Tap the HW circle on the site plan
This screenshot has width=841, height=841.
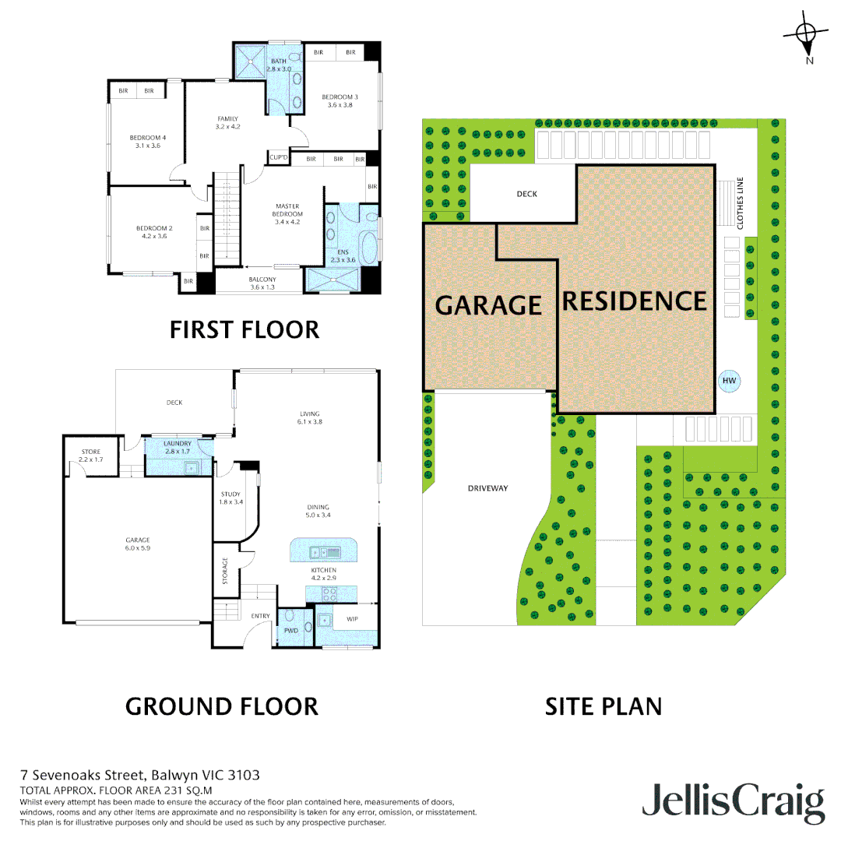tap(729, 381)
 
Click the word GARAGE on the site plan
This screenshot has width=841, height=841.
tap(488, 305)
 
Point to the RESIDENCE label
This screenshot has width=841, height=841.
tap(634, 301)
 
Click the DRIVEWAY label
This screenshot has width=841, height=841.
tap(488, 488)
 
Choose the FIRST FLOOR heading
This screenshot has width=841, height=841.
tap(245, 329)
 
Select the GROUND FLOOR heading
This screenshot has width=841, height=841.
tap(222, 706)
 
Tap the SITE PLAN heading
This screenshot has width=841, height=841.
tap(603, 706)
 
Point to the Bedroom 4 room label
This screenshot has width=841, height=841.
tap(148, 142)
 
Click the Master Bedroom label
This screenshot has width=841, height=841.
tap(287, 214)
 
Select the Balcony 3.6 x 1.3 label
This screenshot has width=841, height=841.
tap(262, 283)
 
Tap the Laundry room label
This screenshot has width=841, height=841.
tap(178, 447)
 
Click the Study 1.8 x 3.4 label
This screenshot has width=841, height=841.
tap(230, 498)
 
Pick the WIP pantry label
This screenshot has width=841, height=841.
tap(352, 619)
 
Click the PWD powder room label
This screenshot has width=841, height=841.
tap(291, 631)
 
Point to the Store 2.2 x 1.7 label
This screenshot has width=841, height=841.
tap(91, 456)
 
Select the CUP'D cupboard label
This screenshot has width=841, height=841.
tap(279, 158)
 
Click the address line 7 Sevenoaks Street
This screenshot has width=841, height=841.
tap(140, 775)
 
